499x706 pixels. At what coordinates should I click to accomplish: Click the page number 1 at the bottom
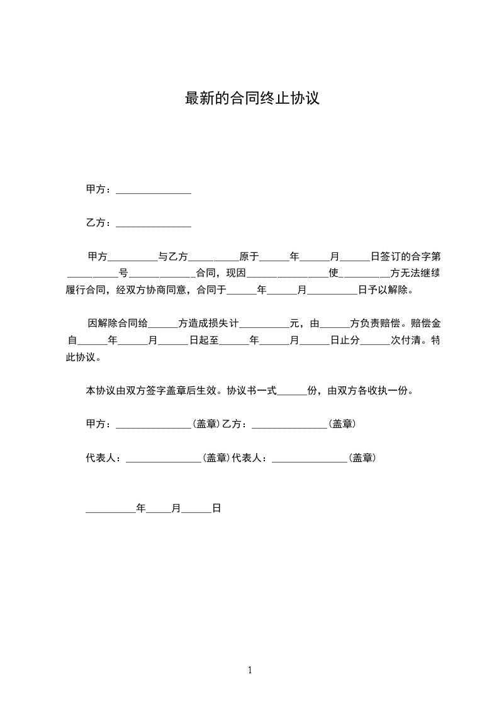click(250, 670)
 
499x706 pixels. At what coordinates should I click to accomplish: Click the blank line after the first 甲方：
click(154, 191)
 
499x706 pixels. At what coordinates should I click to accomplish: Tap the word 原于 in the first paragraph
click(249, 257)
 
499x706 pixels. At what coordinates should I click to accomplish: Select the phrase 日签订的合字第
click(406, 257)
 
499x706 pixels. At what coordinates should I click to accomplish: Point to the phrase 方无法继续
click(417, 274)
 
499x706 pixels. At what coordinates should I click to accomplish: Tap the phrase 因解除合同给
click(118, 324)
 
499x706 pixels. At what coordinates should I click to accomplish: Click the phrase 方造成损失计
click(210, 324)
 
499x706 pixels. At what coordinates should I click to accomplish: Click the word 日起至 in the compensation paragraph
click(203, 341)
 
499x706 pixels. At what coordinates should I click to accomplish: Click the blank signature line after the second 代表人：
click(310, 460)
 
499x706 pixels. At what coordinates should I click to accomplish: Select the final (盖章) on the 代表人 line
click(362, 459)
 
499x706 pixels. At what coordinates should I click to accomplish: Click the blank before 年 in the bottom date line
click(111, 510)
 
